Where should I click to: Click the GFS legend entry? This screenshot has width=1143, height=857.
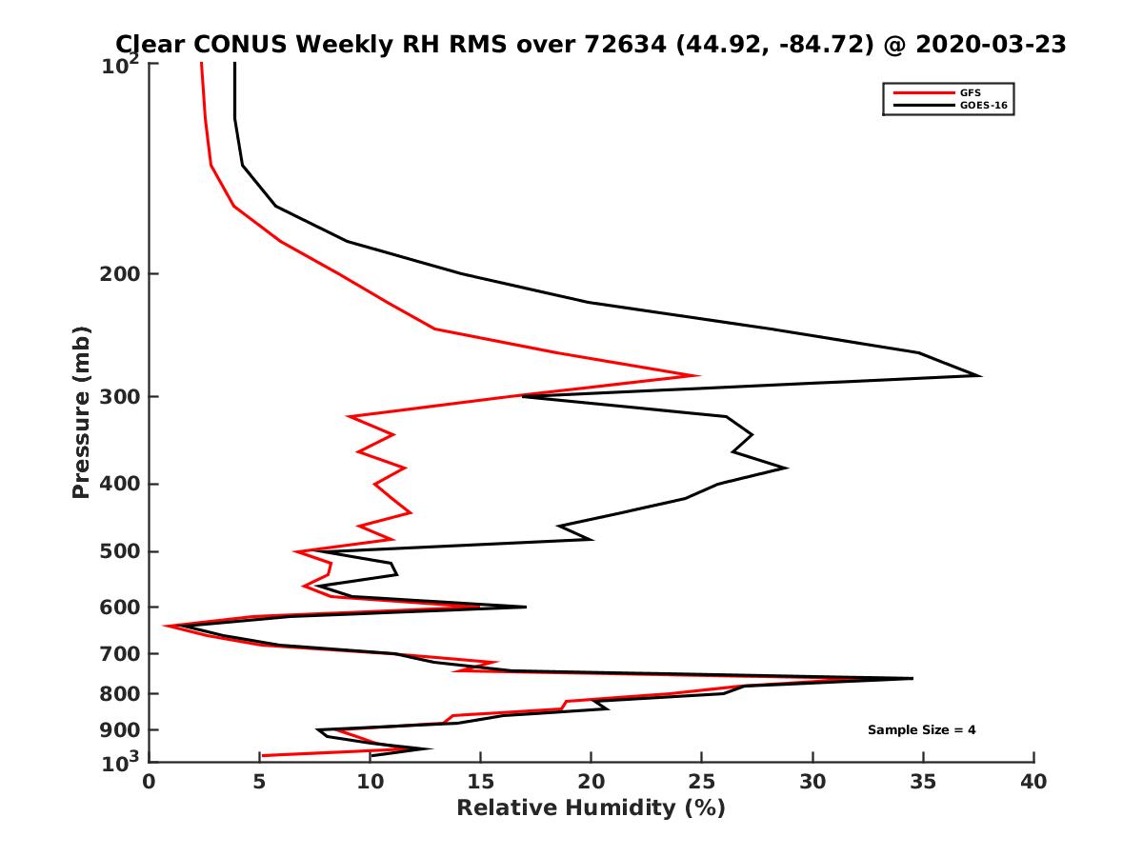pos(971,92)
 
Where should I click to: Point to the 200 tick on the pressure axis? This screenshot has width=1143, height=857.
pos(124,274)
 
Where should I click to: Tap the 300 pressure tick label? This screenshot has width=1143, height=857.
pos(124,396)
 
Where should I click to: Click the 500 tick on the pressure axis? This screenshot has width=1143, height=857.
pos(124,551)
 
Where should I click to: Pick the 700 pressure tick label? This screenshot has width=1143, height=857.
pos(124,654)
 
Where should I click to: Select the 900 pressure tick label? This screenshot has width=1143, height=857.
pos(124,730)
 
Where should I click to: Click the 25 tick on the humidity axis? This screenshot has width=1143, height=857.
pos(702,782)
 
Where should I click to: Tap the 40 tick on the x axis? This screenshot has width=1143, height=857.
pos(1033,782)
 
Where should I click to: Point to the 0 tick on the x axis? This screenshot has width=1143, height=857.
pos(150,782)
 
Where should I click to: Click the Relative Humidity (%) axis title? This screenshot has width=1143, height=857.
pos(591,808)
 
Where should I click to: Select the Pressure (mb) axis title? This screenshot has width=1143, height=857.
pos(81,411)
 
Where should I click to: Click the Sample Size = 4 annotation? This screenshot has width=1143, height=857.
pos(921,730)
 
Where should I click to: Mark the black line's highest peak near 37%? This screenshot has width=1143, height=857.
pos(979,375)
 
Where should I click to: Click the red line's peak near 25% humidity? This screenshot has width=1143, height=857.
pos(699,375)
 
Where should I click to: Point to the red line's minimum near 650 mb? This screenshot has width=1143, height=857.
pos(165,626)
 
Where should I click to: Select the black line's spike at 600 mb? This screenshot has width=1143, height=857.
pos(525,607)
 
